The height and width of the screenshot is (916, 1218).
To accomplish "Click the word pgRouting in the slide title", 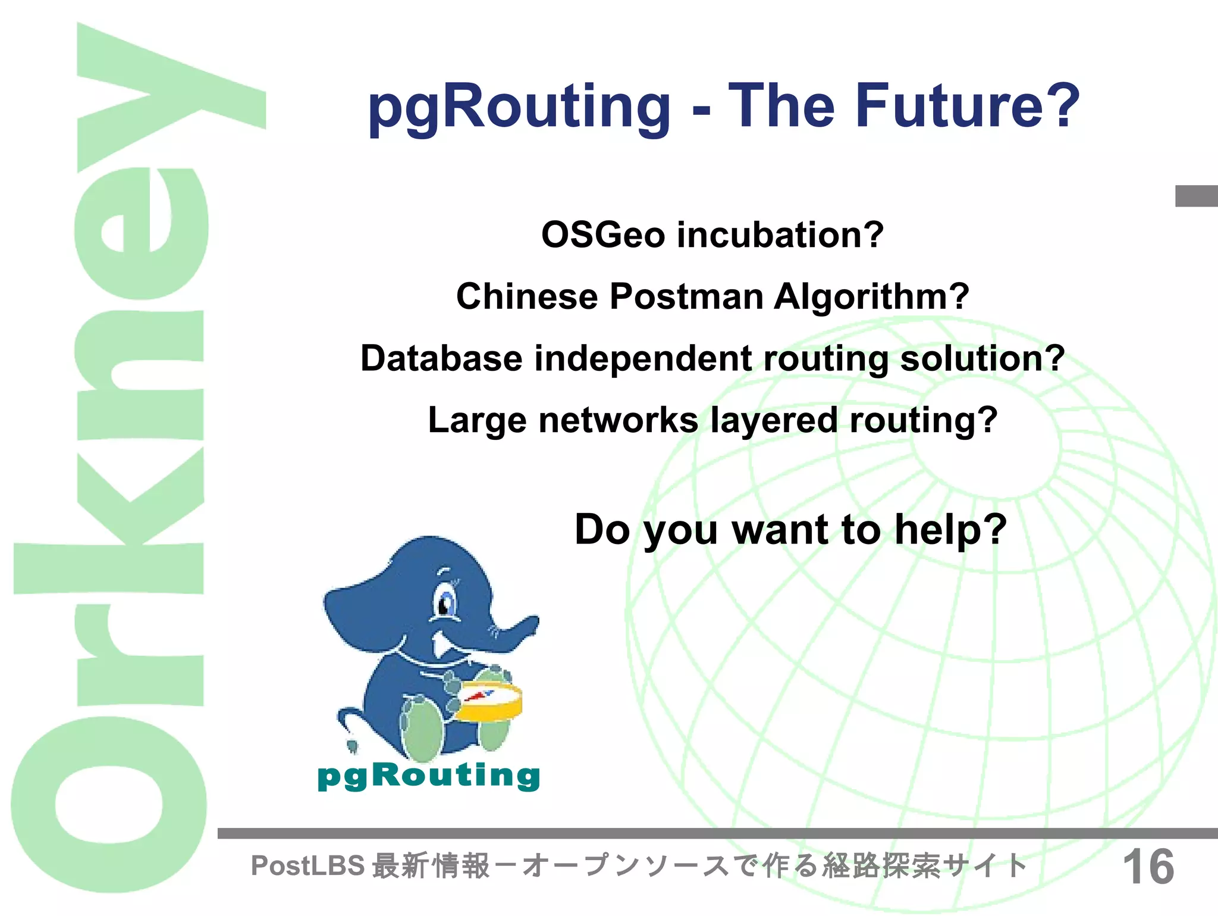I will [x=519, y=107].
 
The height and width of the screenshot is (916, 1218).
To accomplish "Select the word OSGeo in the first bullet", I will [x=602, y=235].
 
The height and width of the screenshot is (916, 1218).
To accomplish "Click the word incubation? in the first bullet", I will [x=780, y=235].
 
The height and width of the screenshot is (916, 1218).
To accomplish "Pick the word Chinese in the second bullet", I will [x=526, y=296].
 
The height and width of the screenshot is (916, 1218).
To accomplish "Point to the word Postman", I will [x=686, y=296].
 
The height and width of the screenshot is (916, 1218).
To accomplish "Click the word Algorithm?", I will [x=871, y=296].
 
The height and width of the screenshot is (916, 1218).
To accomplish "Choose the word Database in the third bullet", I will [x=441, y=358].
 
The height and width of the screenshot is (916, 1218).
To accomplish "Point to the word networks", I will [x=618, y=420].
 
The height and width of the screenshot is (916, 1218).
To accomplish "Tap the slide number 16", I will [x=1148, y=867].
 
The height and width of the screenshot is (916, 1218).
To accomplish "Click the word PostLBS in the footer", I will [x=307, y=866].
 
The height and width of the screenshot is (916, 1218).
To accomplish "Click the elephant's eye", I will [x=444, y=605].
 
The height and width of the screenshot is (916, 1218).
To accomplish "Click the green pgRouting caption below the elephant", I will [x=429, y=776].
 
